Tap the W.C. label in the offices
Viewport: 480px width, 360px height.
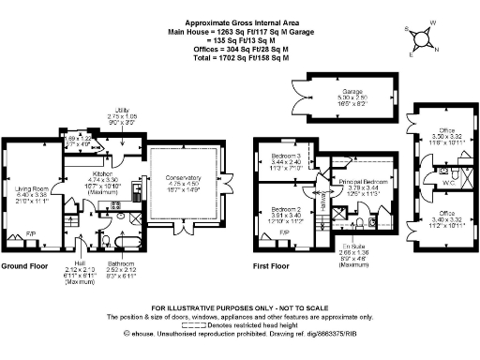(451, 185)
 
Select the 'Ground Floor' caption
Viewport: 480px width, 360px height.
(25, 265)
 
